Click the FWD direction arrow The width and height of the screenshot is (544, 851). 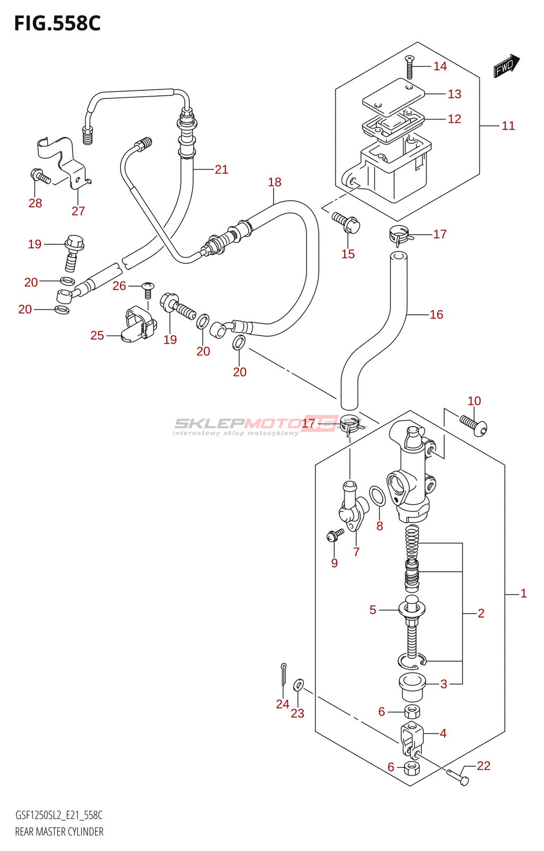coord(506,66)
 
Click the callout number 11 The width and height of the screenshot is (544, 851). coord(508,126)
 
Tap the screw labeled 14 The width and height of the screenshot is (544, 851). coord(409,67)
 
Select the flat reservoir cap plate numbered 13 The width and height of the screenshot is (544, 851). coord(393,96)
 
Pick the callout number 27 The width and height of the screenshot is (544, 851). coord(78,211)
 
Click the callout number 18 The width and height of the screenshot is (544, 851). coord(275,182)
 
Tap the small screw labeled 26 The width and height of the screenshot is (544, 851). coord(148,290)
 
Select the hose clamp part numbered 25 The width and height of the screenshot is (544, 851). coord(138,324)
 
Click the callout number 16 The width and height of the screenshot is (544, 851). coord(436,315)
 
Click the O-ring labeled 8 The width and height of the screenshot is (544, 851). coord(378,496)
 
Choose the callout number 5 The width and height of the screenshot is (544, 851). coord(373,610)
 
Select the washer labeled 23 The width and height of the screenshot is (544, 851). coord(299,683)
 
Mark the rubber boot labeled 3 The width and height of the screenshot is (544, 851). coord(412,686)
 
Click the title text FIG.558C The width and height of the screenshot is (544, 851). coord(57,23)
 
